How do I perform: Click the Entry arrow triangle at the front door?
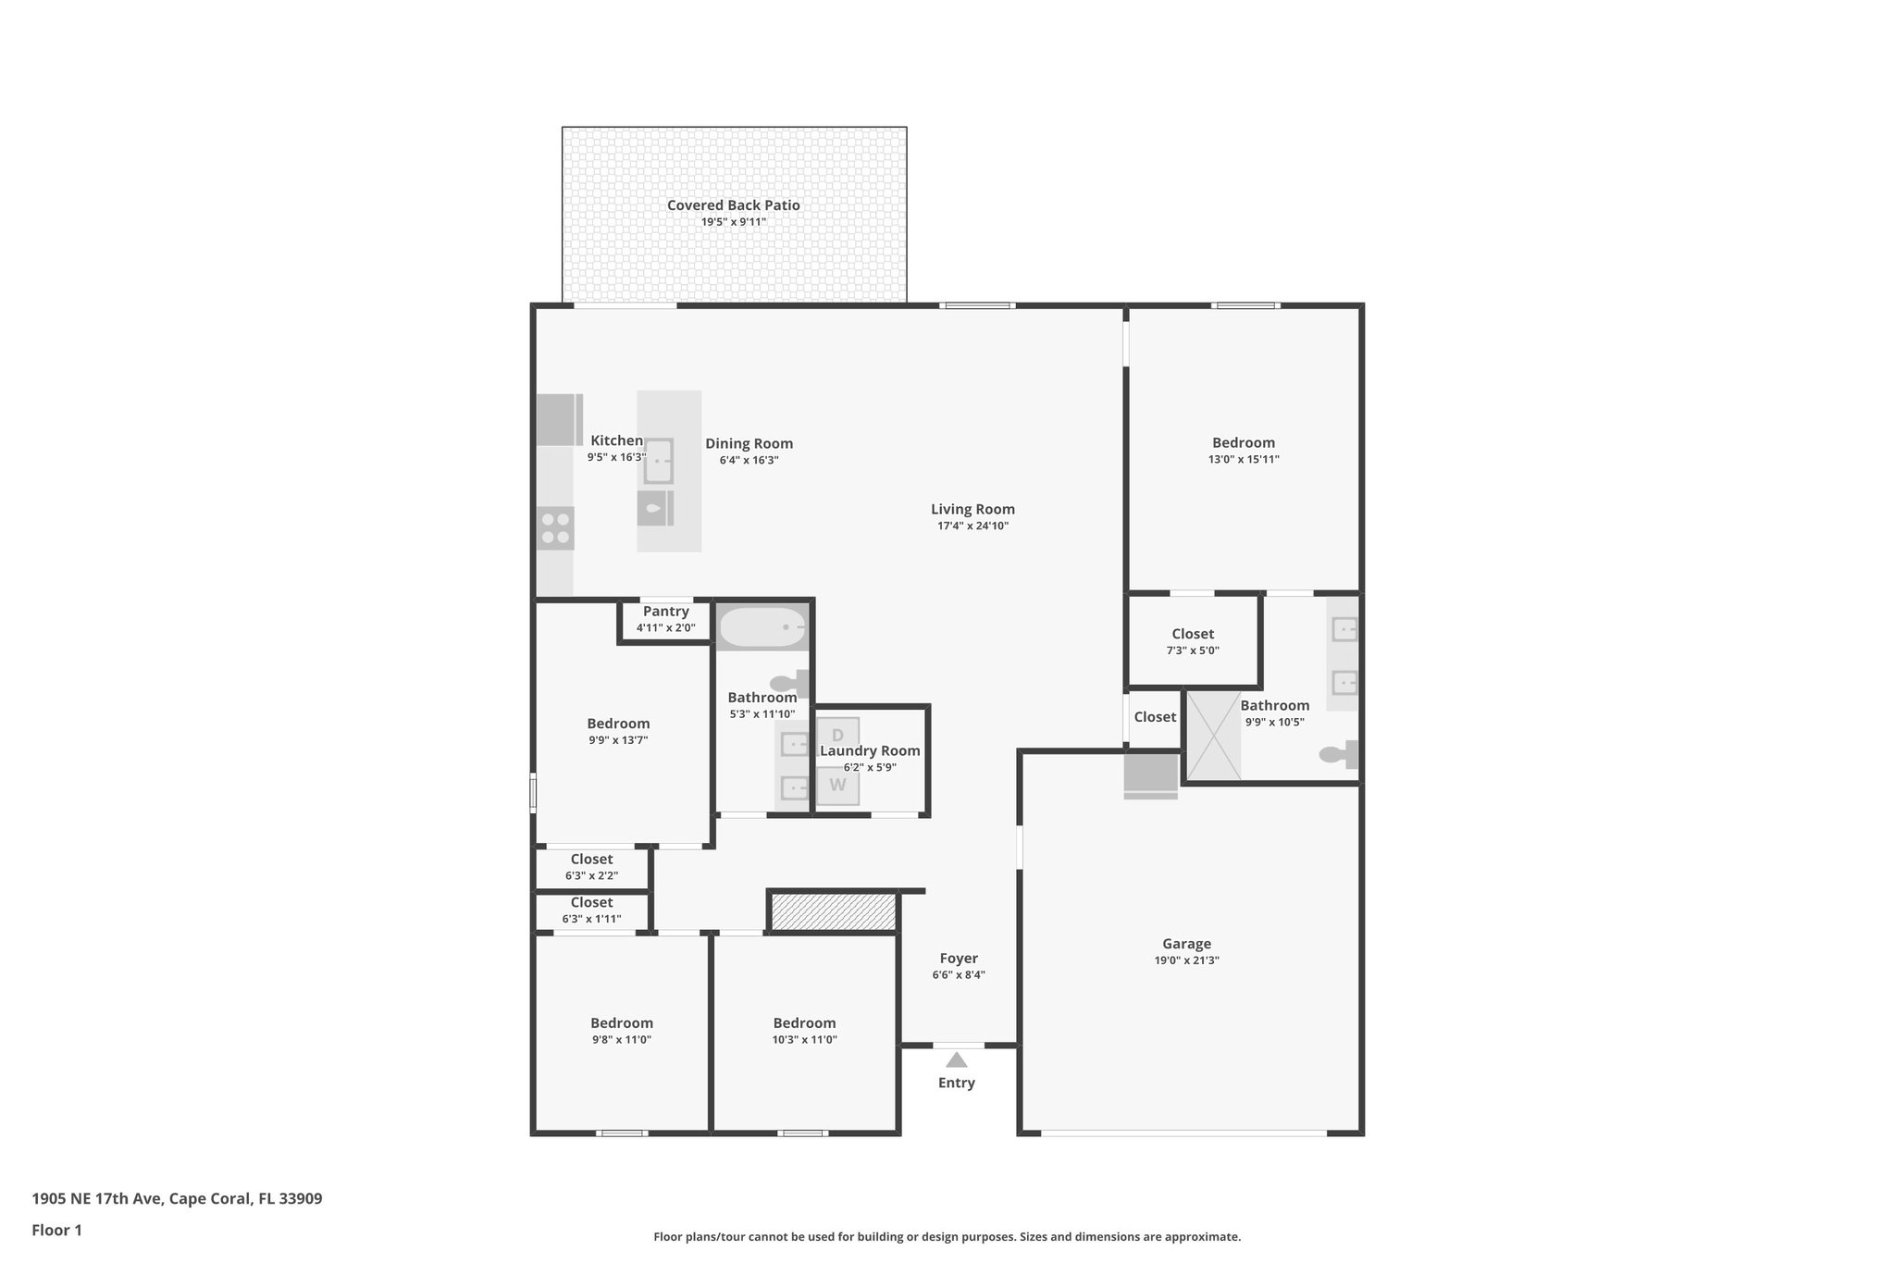(x=956, y=1060)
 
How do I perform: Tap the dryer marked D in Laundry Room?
(x=837, y=736)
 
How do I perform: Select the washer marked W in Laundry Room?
(x=837, y=786)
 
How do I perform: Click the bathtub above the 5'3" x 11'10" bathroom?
(x=762, y=627)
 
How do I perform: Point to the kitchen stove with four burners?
(x=555, y=528)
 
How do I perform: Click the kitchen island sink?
(x=658, y=461)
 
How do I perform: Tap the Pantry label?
(x=665, y=612)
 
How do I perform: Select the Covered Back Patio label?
(x=733, y=205)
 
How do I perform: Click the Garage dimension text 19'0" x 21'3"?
(x=1186, y=960)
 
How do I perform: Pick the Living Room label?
(x=972, y=509)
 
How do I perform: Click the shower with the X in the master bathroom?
(x=1213, y=737)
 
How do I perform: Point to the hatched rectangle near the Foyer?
(x=833, y=911)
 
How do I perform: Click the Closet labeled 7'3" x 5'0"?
(x=1193, y=641)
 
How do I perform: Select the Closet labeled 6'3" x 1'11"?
(x=591, y=910)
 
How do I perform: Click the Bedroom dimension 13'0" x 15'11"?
(x=1244, y=459)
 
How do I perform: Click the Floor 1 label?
(x=56, y=1230)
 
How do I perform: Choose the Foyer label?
(x=959, y=959)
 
